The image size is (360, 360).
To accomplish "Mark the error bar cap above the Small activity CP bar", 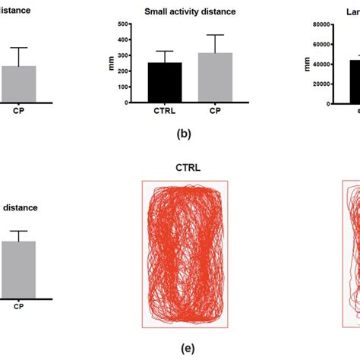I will coord(210,35).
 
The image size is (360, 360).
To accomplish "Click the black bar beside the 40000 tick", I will coord(355,81).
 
